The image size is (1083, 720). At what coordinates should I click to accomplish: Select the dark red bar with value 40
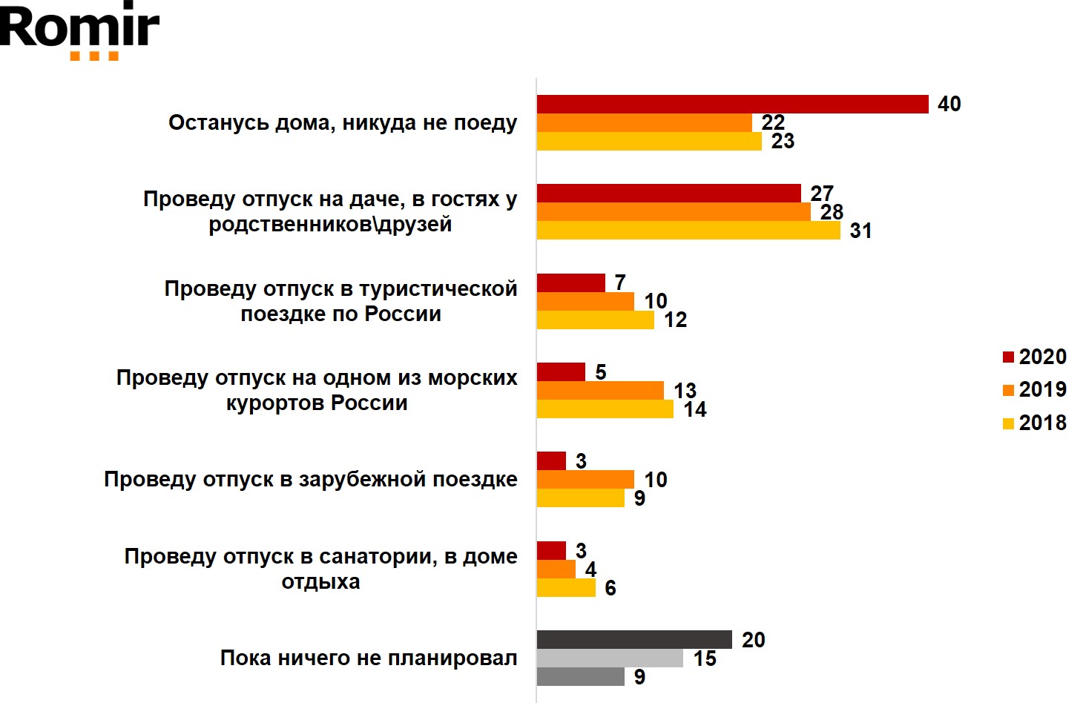pos(732,105)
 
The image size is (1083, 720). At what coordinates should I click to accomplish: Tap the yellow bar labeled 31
pos(688,231)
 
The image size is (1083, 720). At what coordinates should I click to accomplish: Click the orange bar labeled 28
pos(674,212)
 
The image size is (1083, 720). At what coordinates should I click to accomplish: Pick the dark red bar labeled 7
pos(571,283)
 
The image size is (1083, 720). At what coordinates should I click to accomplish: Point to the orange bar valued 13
pos(600,391)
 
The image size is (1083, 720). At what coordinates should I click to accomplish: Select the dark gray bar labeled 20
pos(634,640)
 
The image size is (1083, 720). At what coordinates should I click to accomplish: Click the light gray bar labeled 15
pos(610,658)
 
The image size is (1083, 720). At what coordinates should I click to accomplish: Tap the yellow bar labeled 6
pos(566,588)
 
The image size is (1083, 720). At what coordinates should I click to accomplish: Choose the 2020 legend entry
pos(1035,357)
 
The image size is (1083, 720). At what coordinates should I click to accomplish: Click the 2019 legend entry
pos(1035,390)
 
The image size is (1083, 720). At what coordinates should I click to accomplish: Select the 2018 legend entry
pos(1035,423)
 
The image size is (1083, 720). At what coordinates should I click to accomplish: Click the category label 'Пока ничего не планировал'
pos(369,658)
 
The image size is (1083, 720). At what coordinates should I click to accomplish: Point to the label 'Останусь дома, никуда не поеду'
pos(343,123)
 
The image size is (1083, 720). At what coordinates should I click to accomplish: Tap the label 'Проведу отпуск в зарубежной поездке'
pos(311,480)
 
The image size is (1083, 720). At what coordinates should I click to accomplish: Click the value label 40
pos(949,104)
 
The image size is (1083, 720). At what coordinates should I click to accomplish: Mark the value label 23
pos(783,142)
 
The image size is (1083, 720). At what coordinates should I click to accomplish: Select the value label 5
pos(601,372)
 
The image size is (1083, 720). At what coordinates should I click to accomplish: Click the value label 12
pos(675,320)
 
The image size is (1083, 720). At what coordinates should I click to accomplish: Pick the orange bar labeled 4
pos(556,569)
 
